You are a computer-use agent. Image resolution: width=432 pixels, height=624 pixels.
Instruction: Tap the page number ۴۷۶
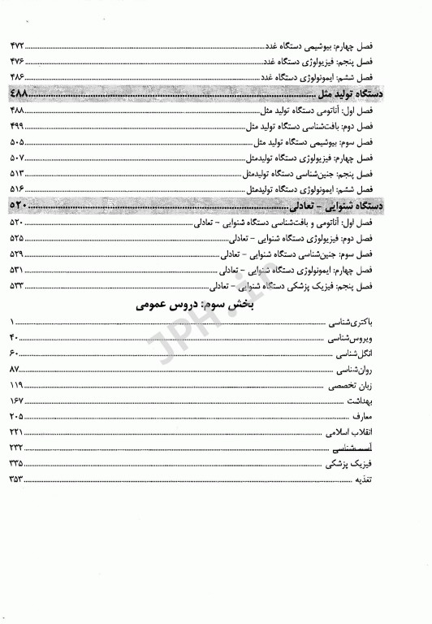[x=18, y=63]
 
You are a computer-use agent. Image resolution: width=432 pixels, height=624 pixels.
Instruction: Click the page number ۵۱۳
[x=18, y=174]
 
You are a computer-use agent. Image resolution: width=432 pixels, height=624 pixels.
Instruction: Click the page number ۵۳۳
[x=18, y=286]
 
